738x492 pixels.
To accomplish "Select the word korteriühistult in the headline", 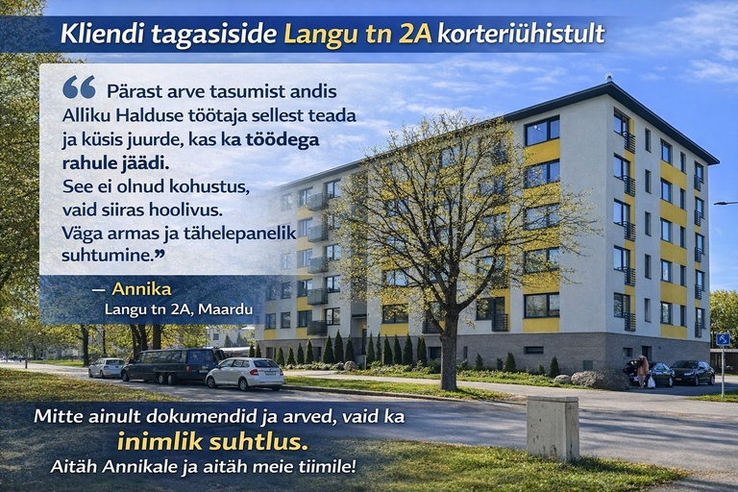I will tap(521, 35).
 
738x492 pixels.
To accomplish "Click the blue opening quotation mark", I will tap(79, 87).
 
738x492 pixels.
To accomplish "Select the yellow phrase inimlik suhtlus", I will tap(212, 442).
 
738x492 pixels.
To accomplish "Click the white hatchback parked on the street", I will tap(244, 373).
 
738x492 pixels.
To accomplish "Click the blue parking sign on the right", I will tap(723, 339).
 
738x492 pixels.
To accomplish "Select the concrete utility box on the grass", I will tap(553, 427).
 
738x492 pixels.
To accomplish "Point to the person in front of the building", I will tap(641, 371).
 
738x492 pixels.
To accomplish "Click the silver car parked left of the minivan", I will tap(107, 367).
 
